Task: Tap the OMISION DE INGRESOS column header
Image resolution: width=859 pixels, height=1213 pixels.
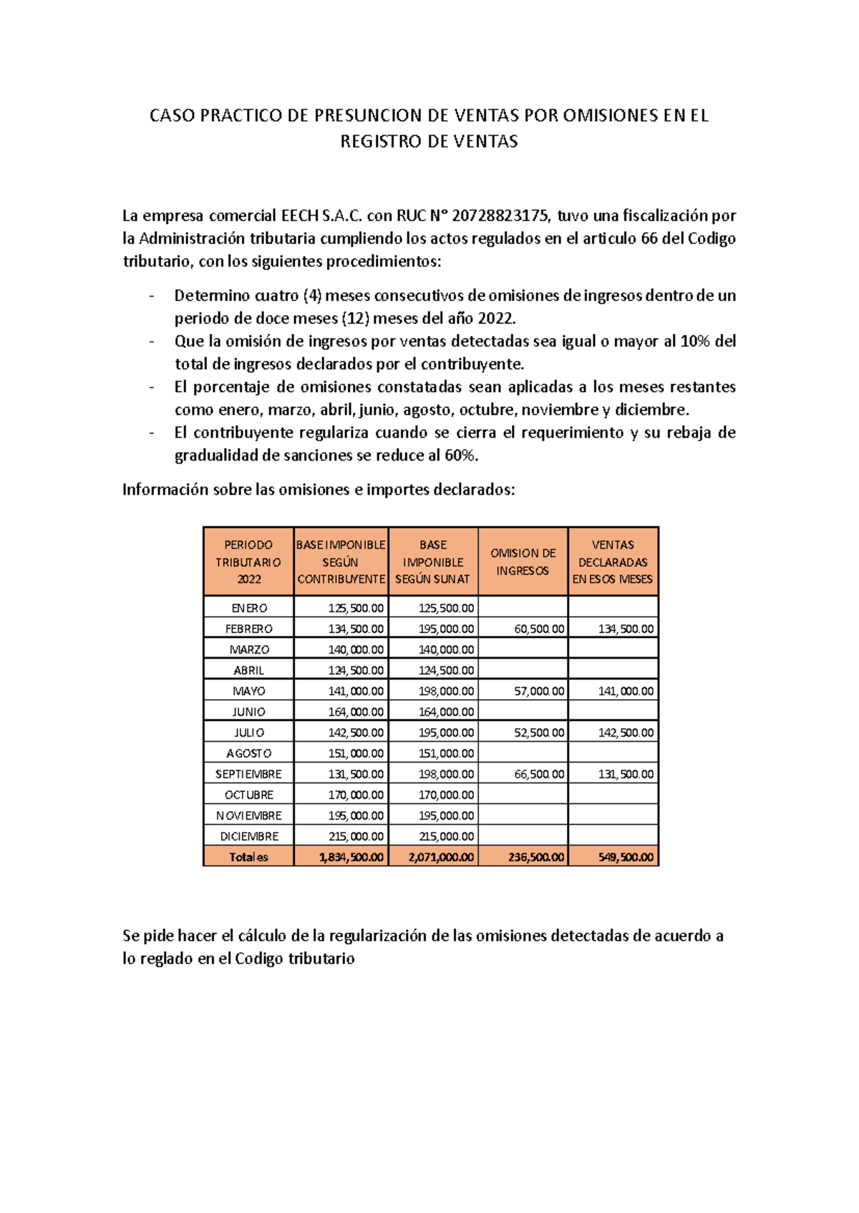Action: tap(523, 562)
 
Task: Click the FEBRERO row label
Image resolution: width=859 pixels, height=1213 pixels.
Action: tap(248, 629)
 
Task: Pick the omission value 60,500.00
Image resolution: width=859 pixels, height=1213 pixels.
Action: tap(539, 629)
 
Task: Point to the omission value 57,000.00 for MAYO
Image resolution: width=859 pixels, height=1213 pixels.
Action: tap(539, 691)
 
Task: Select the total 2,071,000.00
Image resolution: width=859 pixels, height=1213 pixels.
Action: tap(441, 857)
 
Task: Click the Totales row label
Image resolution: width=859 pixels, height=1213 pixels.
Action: tap(248, 857)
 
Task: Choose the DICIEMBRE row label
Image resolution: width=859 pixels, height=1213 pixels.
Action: tap(248, 836)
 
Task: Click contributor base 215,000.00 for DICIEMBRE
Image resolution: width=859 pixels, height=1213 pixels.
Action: tap(356, 836)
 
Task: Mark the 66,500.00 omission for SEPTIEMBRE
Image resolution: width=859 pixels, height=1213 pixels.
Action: tap(539, 774)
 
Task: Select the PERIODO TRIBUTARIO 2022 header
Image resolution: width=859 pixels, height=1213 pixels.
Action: tap(248, 562)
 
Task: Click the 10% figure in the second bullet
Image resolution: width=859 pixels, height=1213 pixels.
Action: tap(695, 341)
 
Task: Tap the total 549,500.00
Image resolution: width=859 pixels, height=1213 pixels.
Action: tap(626, 857)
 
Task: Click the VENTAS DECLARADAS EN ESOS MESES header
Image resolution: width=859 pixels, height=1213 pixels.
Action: tap(613, 562)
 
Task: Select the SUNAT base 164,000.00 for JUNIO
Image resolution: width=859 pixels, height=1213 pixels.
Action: tap(446, 712)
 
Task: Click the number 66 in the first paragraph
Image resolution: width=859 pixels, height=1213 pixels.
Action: tap(649, 238)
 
